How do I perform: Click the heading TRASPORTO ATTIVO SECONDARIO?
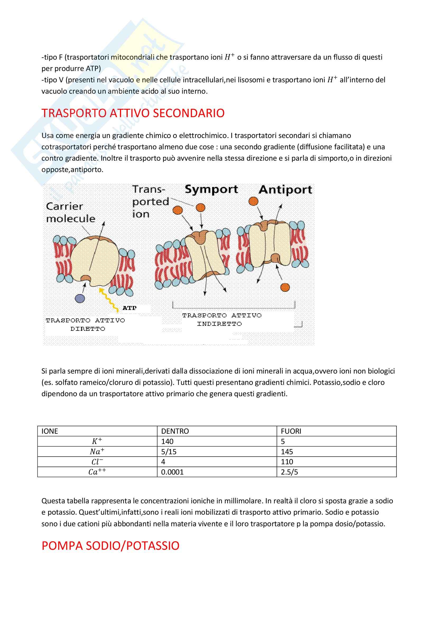pyautogui.click(x=133, y=113)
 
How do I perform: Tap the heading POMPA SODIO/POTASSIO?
pyautogui.click(x=110, y=546)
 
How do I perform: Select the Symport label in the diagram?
pyautogui.click(x=211, y=190)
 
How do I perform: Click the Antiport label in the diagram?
pyautogui.click(x=285, y=190)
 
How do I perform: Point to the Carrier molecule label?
pyautogui.click(x=71, y=213)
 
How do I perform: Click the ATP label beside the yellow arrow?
pyautogui.click(x=129, y=308)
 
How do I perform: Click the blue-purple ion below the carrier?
pyautogui.click(x=80, y=298)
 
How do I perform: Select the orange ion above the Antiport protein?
pyautogui.click(x=253, y=201)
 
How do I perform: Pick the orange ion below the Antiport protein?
pyautogui.click(x=285, y=287)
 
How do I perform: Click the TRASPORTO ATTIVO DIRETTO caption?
pyautogui.click(x=86, y=324)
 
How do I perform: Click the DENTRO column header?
pyautogui.click(x=175, y=431)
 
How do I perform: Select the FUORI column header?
pyautogui.click(x=291, y=431)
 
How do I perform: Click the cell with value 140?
pyautogui.click(x=167, y=441)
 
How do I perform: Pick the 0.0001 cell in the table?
pyautogui.click(x=172, y=472)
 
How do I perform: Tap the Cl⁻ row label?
pyautogui.click(x=97, y=462)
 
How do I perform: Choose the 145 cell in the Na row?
pyautogui.click(x=287, y=452)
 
